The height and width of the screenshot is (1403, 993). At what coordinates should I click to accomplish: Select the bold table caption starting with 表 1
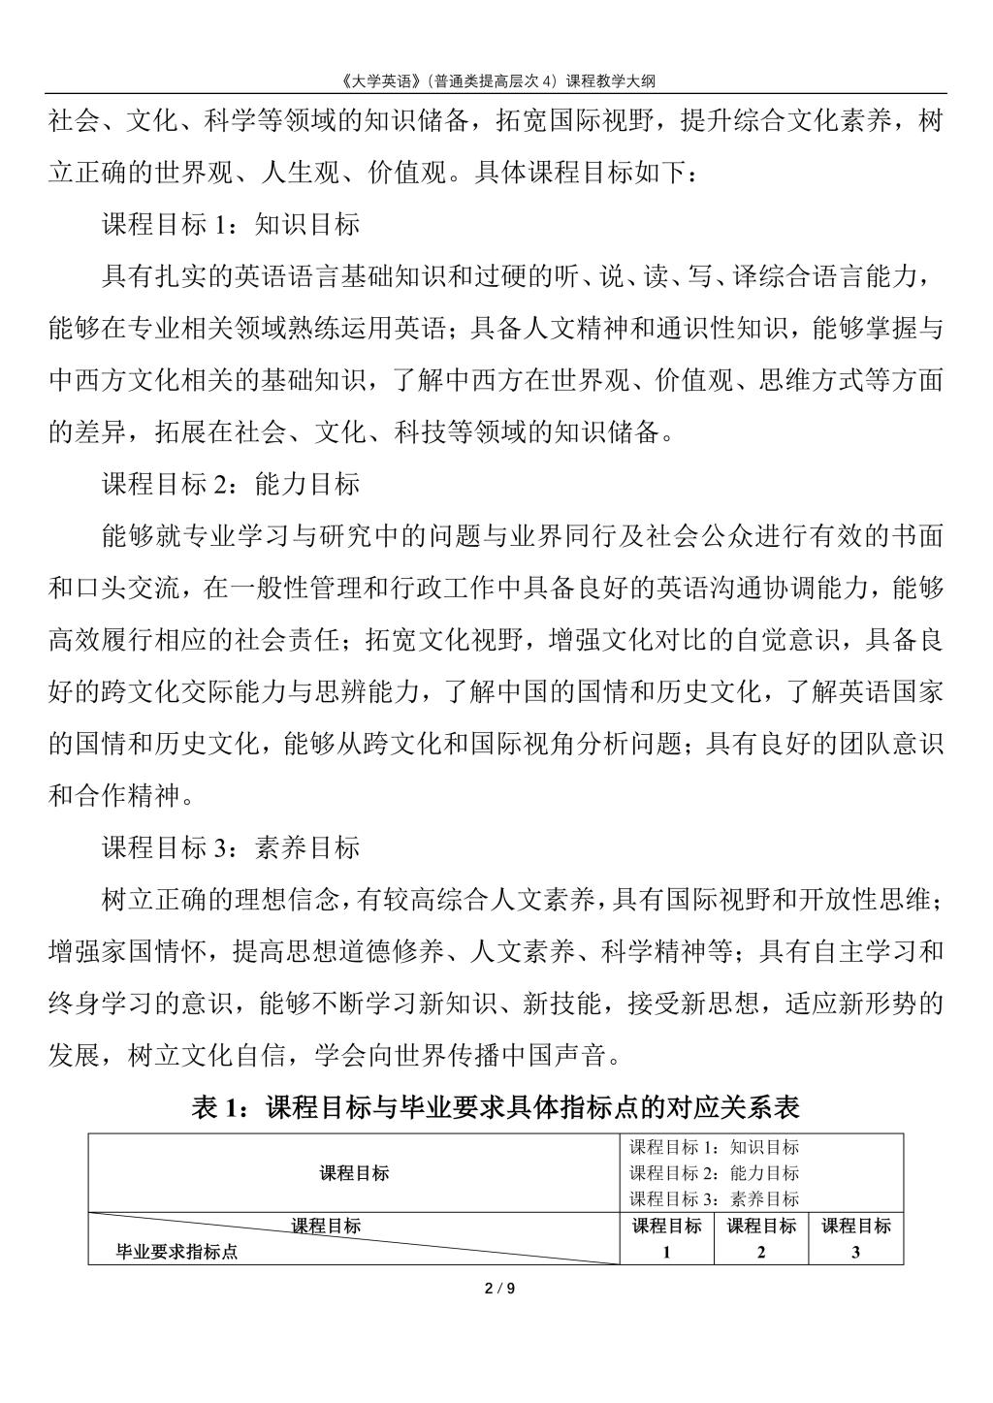coord(496,1106)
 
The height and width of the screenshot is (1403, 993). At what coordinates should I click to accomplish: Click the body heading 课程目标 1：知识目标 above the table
coord(231,224)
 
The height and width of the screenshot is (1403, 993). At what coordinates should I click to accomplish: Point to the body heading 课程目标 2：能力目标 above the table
coord(231,482)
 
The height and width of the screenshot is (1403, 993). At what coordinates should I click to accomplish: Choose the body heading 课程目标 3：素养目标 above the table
coord(231,847)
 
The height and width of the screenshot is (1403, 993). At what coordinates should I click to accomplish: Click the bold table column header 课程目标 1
coord(666,1238)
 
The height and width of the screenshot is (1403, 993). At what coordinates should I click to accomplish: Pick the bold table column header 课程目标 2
coord(761,1238)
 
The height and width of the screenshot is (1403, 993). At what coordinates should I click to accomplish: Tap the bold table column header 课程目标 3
coord(855,1238)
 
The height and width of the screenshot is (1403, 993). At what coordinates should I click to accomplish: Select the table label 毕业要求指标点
coord(177,1252)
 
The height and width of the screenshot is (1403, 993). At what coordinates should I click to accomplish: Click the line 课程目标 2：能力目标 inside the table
coord(715,1173)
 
